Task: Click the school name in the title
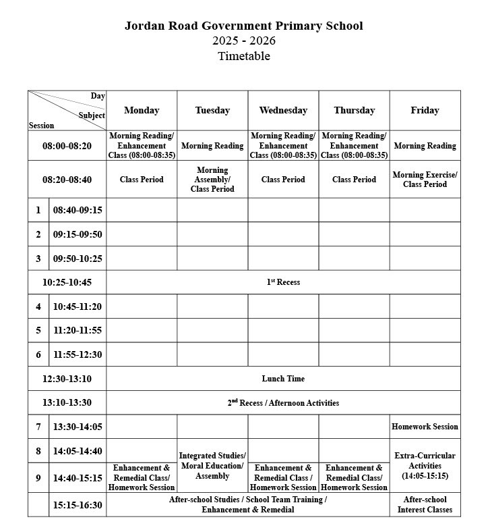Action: point(243,26)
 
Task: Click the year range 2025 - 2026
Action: point(243,41)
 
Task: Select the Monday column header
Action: point(142,110)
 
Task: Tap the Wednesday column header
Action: point(283,110)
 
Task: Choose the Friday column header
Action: point(425,110)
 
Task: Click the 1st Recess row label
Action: point(283,282)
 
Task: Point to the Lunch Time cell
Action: point(283,379)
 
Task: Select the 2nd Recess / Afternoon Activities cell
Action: point(283,403)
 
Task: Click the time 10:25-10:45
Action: point(67,282)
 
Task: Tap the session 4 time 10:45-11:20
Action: point(78,307)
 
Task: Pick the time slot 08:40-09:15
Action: point(78,210)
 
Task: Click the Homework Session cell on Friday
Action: point(425,427)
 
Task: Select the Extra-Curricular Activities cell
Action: point(425,466)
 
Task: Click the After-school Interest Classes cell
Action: point(425,504)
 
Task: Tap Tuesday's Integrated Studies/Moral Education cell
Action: point(212,466)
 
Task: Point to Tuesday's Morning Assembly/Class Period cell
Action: point(212,180)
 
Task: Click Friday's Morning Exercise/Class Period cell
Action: point(425,180)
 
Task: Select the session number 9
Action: point(38,478)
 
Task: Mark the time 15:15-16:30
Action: point(78,504)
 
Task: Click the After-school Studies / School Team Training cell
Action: point(247,504)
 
